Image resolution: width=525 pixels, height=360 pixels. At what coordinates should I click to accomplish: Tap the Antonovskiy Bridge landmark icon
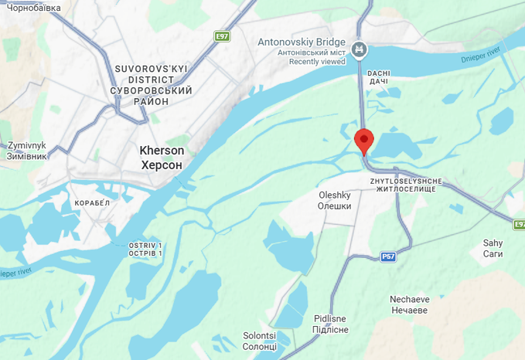[359, 50]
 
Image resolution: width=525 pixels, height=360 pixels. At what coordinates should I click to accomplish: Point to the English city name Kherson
[162, 151]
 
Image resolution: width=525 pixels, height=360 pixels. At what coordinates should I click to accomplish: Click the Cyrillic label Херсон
[162, 165]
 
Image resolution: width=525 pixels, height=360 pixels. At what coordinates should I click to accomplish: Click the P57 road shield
[388, 256]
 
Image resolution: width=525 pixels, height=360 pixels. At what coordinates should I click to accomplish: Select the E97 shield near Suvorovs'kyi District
[223, 36]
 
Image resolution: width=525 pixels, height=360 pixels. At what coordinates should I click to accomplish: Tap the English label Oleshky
[335, 195]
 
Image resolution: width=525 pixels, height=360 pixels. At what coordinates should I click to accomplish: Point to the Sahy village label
[493, 243]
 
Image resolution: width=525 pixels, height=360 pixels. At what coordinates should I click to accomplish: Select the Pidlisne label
[331, 318]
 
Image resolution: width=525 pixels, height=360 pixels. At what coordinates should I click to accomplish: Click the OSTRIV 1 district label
[147, 245]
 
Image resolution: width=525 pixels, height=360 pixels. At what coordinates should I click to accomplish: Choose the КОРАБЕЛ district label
[94, 202]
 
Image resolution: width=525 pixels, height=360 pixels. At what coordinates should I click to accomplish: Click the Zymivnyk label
[27, 145]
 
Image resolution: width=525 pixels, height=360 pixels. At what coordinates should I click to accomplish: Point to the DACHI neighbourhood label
[379, 73]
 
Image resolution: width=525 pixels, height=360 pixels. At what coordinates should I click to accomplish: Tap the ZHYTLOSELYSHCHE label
[406, 181]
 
